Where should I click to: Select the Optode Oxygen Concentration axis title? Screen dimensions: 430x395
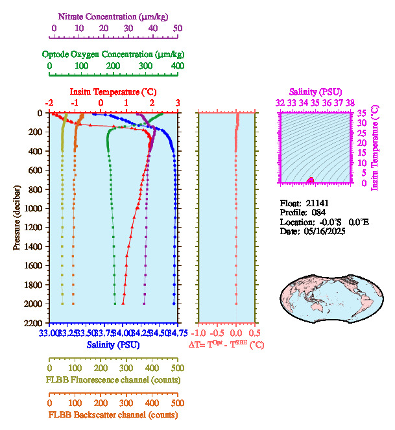[x=113, y=54]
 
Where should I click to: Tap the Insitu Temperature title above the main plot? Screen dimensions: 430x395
[x=113, y=92]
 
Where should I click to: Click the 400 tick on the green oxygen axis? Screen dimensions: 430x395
[x=177, y=66]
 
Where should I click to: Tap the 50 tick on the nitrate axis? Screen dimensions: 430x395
[x=177, y=29]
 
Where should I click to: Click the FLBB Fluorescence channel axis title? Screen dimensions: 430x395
[x=113, y=379]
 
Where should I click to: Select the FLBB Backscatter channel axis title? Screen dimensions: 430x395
[x=113, y=414]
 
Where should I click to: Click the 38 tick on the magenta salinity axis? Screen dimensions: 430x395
[x=350, y=102]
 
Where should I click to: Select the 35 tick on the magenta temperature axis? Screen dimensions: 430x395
[x=361, y=113]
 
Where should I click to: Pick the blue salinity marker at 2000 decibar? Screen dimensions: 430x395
[x=174, y=303]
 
